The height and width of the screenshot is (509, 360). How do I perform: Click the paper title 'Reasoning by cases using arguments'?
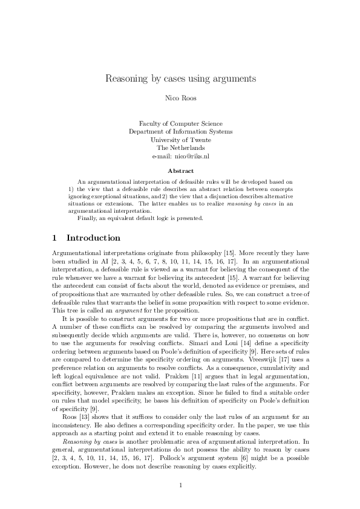point(180,79)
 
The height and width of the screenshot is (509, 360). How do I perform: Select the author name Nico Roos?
point(180,98)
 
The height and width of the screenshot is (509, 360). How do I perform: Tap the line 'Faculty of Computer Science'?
point(180,123)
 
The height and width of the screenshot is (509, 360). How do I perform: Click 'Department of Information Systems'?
point(180,131)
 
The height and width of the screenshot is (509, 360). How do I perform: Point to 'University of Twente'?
point(180,140)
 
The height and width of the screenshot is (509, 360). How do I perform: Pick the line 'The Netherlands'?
point(180,148)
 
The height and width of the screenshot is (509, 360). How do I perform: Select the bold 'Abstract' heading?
point(180,171)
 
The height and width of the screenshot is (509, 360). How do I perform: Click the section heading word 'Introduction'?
point(93,238)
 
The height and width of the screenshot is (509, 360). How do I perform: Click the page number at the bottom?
point(180,485)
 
